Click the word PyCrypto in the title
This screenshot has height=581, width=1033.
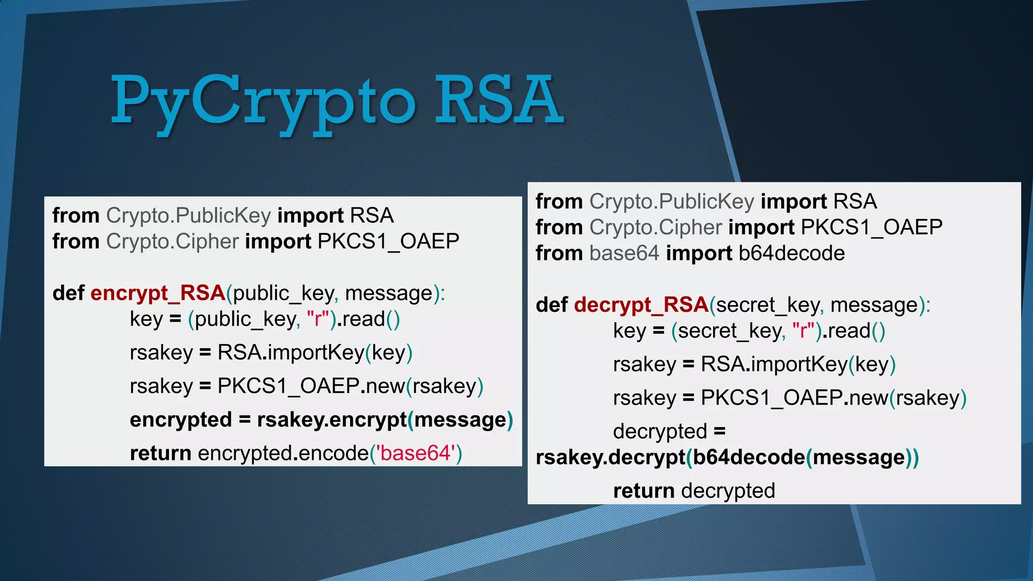(262, 101)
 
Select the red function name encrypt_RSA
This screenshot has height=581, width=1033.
(157, 293)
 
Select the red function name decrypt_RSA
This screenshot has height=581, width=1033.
(641, 305)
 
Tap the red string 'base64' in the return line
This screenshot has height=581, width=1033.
(416, 453)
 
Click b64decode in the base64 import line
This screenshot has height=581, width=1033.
(791, 253)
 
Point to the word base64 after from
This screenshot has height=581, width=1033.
(624, 253)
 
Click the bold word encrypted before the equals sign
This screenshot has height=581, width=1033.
(181, 420)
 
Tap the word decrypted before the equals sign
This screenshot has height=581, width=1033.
(660, 432)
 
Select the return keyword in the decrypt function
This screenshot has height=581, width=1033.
(644, 491)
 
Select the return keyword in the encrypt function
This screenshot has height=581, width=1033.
(160, 453)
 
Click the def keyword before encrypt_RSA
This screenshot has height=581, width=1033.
(68, 293)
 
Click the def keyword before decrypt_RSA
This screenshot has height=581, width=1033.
(551, 305)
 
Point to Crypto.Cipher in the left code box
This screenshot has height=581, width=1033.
(172, 242)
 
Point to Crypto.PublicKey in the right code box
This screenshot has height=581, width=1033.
(672, 201)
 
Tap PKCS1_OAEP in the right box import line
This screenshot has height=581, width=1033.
(871, 227)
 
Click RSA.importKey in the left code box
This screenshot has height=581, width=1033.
(291, 353)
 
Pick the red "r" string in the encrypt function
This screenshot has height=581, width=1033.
(318, 319)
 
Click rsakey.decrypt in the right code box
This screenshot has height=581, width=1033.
(610, 457)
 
